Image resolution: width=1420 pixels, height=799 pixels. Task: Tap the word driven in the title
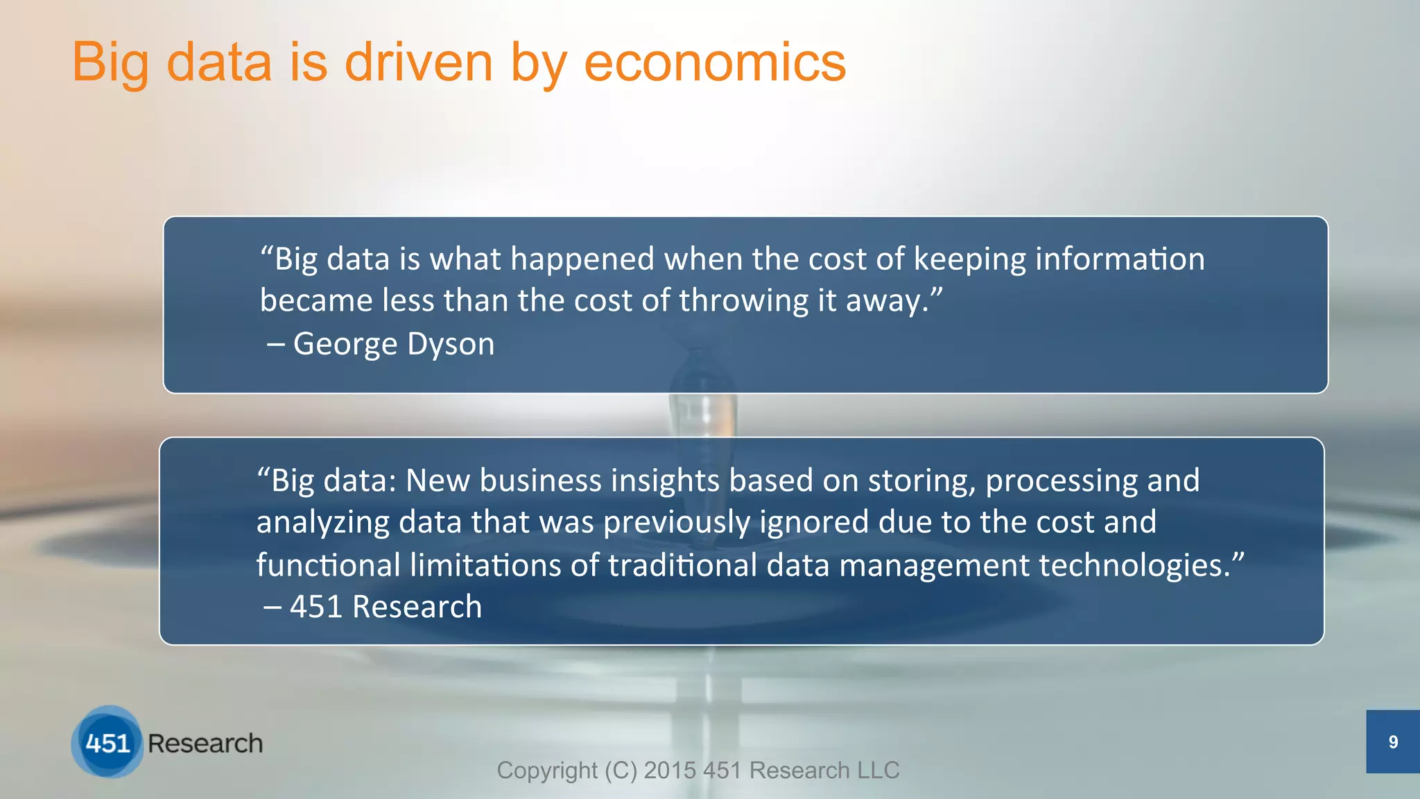(418, 62)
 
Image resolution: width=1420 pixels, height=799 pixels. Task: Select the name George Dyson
(393, 344)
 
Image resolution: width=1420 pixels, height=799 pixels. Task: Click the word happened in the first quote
(582, 260)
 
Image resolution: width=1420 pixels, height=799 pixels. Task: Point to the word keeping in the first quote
(969, 260)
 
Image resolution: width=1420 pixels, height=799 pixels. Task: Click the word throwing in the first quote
(743, 302)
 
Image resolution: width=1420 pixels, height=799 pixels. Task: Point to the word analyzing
(322, 523)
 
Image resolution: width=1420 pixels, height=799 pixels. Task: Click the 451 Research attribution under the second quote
(385, 607)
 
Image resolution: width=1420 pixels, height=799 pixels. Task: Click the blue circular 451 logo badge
(107, 743)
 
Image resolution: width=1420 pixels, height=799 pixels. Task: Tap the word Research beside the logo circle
(205, 744)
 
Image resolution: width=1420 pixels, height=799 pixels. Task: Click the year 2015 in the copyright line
(670, 771)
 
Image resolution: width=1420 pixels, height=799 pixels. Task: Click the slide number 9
(1393, 743)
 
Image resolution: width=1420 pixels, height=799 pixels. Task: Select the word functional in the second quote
(328, 565)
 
